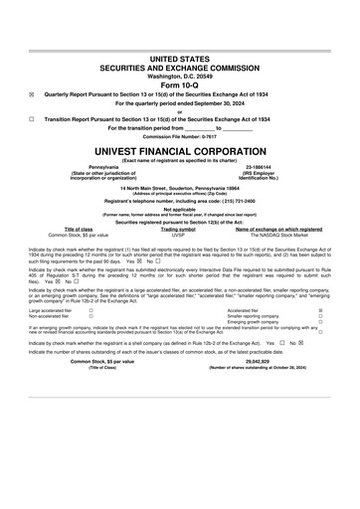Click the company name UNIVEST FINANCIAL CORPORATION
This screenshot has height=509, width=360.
pyautogui.click(x=179, y=145)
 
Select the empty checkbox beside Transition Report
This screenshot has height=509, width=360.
pyautogui.click(x=32, y=117)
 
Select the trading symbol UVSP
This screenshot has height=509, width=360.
pyautogui.click(x=179, y=234)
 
